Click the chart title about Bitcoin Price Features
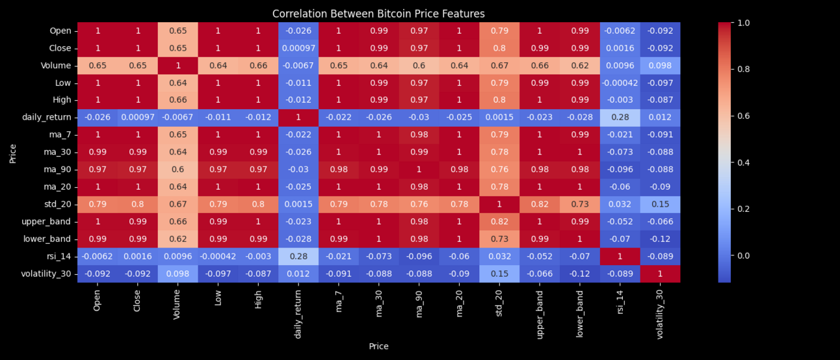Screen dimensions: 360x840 point(378,14)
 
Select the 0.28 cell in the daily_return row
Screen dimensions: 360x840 point(620,118)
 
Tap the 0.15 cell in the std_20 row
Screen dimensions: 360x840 point(660,204)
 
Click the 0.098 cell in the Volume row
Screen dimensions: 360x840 point(660,66)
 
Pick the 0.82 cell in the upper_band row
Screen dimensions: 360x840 point(499,222)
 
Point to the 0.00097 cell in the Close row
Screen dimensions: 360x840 point(298,48)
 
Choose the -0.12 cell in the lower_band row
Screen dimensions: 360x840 point(660,239)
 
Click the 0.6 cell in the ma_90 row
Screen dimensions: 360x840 point(177,170)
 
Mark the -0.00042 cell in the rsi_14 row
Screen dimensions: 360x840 point(218,256)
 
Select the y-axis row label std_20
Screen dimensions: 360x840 point(57,204)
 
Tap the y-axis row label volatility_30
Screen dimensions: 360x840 point(46,274)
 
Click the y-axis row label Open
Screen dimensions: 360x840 point(60,31)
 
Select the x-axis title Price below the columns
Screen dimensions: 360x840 point(378,346)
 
